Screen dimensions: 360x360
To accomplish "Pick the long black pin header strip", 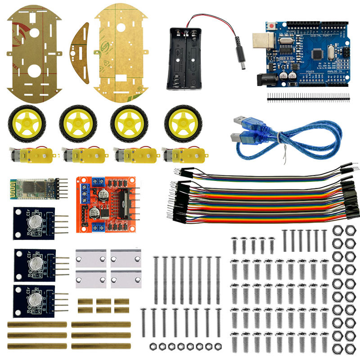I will coord(308,96).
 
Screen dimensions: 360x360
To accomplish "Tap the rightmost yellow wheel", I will coord(182,123).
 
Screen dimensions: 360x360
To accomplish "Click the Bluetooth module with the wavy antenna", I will coord(31,188).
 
